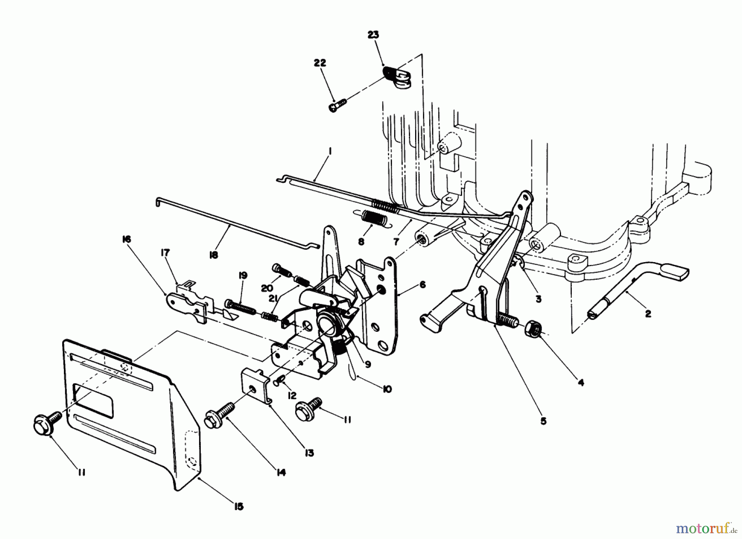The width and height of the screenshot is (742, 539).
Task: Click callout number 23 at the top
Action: (x=373, y=35)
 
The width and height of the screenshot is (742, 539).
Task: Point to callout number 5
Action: (x=543, y=421)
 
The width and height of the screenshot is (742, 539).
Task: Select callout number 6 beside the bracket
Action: (x=422, y=285)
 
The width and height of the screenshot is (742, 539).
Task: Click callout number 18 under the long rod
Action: (x=213, y=255)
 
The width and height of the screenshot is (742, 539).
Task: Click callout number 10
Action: (x=387, y=389)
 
